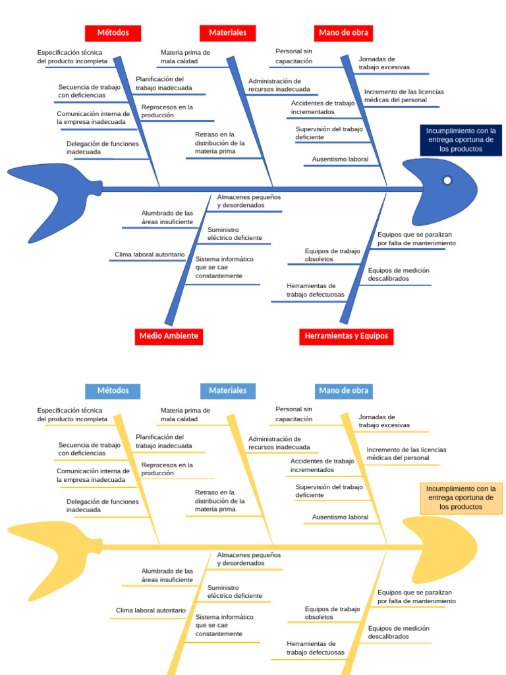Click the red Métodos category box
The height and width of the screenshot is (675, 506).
point(113,32)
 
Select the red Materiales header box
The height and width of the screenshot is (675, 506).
point(227,32)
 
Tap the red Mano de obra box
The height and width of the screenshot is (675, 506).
point(343,32)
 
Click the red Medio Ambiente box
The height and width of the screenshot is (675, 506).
point(169,336)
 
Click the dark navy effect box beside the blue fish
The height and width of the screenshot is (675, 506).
point(461,140)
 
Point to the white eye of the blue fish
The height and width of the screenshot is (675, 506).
point(447,180)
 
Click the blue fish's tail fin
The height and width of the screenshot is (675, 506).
point(46,189)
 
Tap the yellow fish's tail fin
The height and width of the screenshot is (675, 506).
point(46,546)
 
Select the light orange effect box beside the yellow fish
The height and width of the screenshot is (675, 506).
point(461,498)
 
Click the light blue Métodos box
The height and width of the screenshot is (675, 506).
point(113,390)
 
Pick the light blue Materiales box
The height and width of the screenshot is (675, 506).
point(227,390)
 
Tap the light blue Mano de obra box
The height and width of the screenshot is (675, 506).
point(343,390)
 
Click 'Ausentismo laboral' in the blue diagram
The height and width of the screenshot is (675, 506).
point(340,160)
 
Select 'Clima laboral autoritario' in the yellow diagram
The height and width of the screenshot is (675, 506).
point(151,611)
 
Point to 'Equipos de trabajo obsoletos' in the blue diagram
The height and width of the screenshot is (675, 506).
point(332,255)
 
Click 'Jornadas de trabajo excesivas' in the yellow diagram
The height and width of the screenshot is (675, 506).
point(384,421)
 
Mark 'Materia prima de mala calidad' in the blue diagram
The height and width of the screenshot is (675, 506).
point(185,57)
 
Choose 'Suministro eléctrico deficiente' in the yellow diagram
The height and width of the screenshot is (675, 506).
point(235,592)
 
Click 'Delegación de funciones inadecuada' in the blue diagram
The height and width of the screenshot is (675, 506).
point(102,148)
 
